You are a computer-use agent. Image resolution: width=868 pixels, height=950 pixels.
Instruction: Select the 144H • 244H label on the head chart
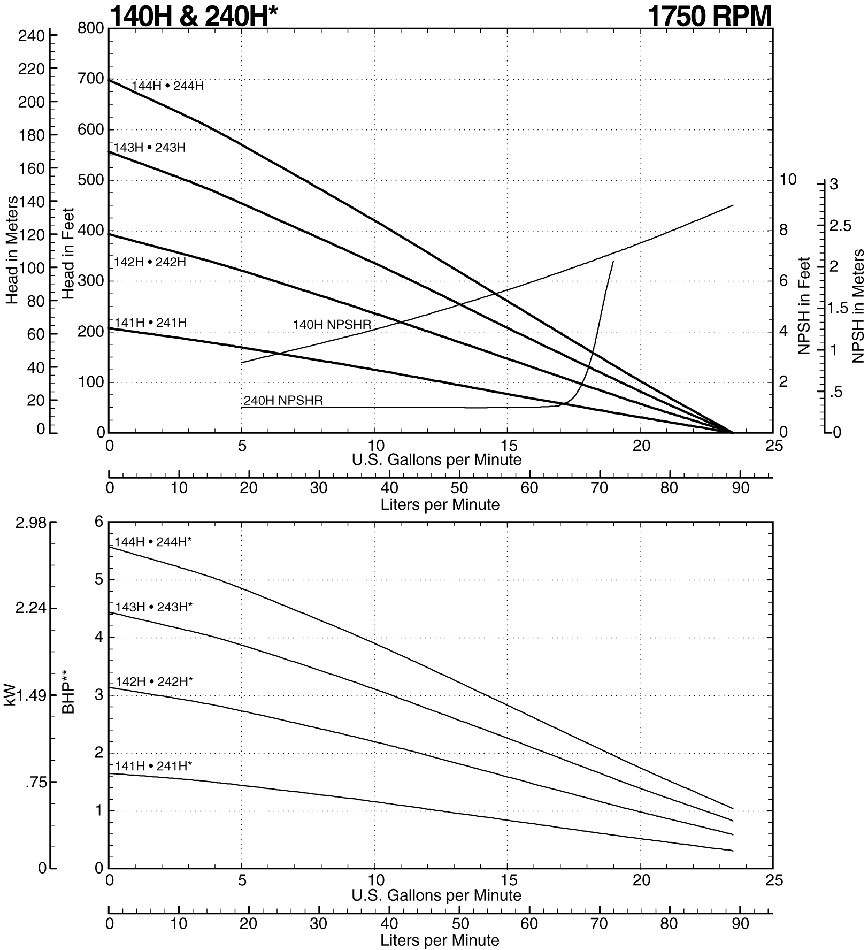click(x=167, y=86)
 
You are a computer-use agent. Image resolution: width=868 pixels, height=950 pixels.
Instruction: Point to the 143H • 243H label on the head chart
click(x=150, y=147)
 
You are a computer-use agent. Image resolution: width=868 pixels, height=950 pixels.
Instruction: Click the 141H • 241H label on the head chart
click(x=150, y=323)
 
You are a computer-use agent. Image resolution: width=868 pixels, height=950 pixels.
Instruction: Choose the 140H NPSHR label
click(x=332, y=324)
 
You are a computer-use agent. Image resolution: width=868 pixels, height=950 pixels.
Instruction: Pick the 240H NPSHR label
click(x=283, y=400)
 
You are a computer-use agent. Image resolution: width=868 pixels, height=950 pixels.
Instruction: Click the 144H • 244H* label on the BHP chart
click(x=153, y=542)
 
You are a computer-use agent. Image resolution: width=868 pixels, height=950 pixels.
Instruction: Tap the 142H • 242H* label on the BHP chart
click(x=153, y=681)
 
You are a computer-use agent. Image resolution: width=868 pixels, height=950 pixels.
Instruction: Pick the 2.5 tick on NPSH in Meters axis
click(x=840, y=226)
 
